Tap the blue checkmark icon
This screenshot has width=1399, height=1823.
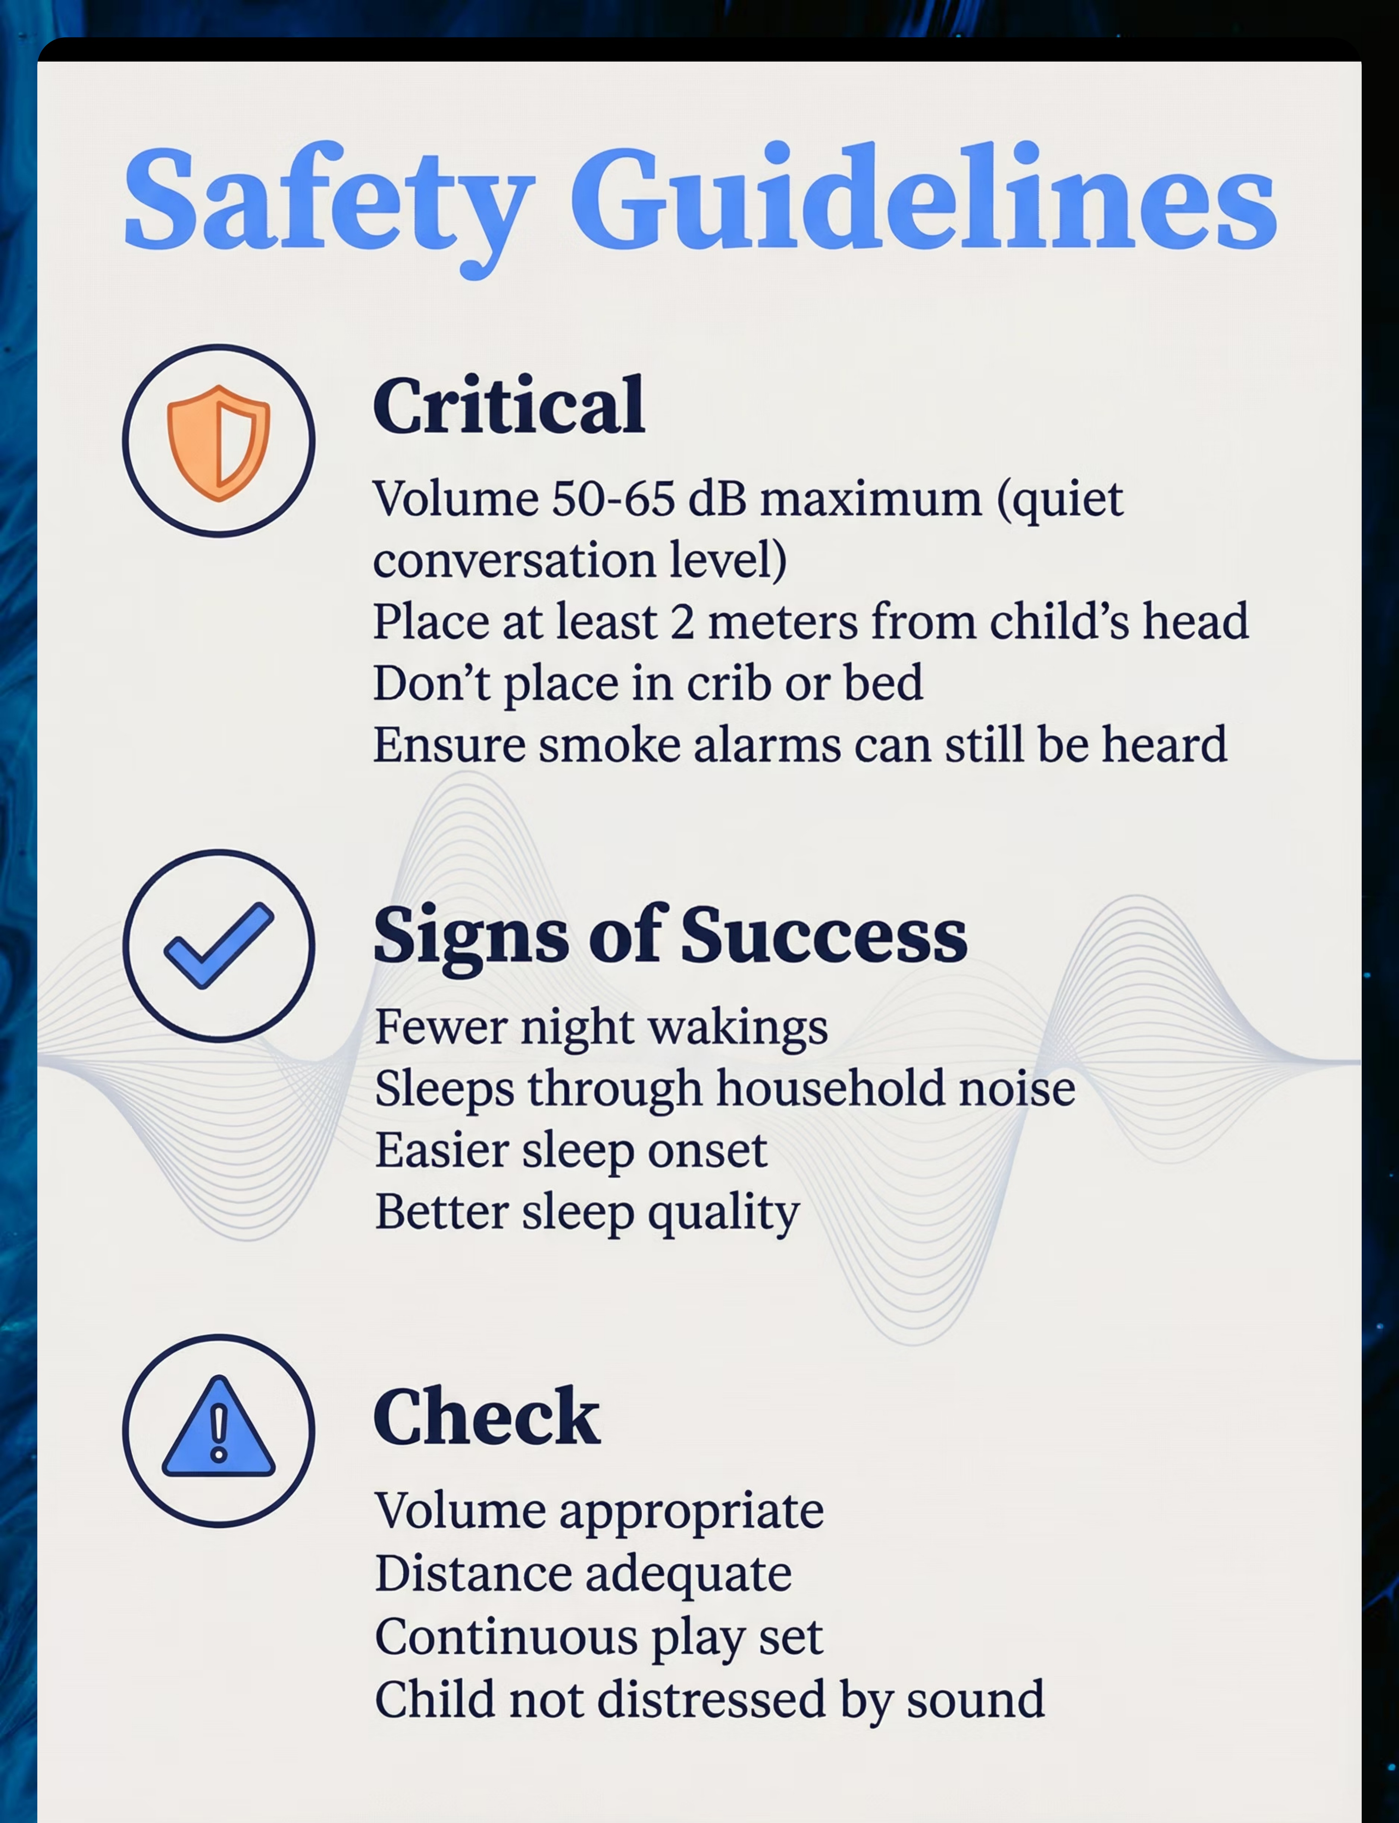tap(218, 945)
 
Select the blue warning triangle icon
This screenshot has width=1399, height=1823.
tap(218, 1426)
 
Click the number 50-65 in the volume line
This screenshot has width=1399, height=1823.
tap(613, 499)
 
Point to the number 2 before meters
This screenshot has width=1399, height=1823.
tap(682, 623)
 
